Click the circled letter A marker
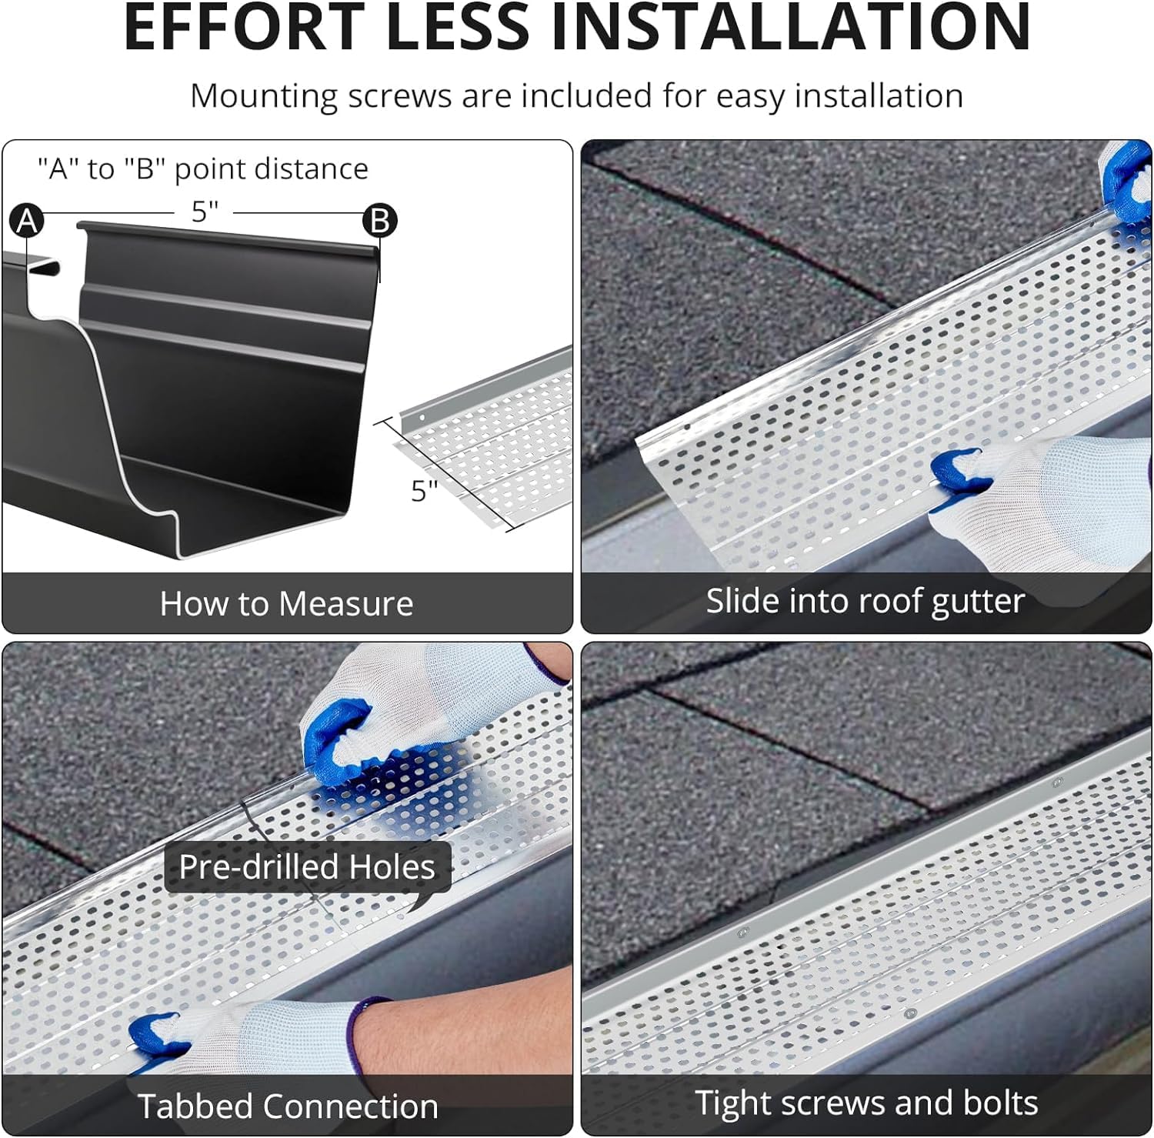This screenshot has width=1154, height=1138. pyautogui.click(x=27, y=221)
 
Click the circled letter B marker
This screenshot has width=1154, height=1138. pyautogui.click(x=380, y=221)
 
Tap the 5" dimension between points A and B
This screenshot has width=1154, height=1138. pyautogui.click(x=205, y=211)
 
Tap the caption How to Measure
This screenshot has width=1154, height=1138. pyautogui.click(x=286, y=604)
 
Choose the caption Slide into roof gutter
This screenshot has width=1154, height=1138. pyautogui.click(x=865, y=601)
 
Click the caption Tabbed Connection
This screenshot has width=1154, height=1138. pyautogui.click(x=288, y=1106)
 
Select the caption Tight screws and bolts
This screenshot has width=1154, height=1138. pyautogui.click(x=866, y=1103)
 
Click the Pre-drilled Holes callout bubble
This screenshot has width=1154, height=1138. pyautogui.click(x=307, y=867)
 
